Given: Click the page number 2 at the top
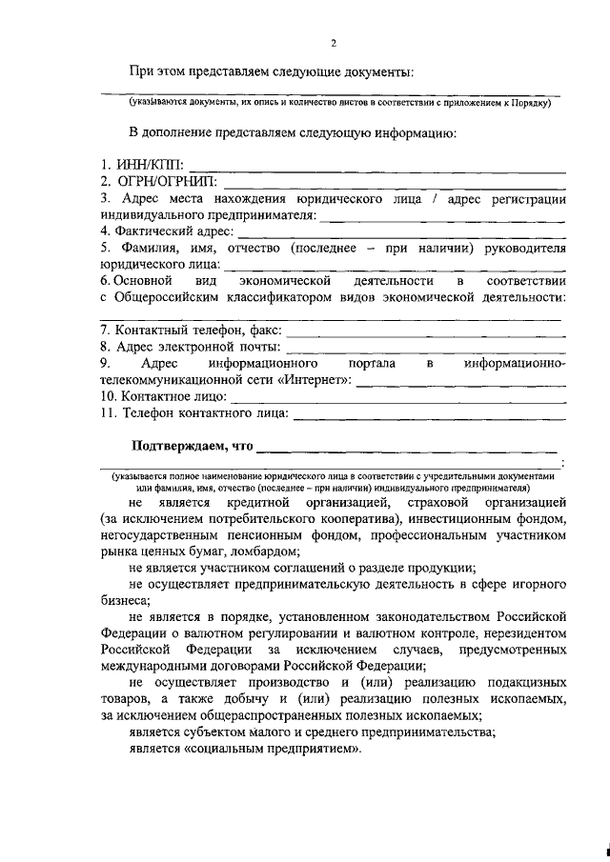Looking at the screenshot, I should coord(334,42).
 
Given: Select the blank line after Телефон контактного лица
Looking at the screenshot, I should coord(429,415).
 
